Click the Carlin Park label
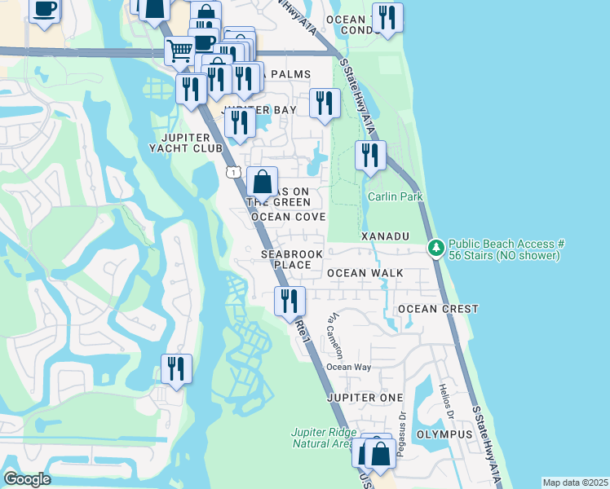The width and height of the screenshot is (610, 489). tap(395, 196)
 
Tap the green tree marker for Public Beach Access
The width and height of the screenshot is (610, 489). tap(437, 247)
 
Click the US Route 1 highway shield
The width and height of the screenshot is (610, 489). tap(233, 172)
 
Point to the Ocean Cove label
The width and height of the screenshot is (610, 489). tap(289, 217)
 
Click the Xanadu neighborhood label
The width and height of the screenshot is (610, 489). tap(384, 236)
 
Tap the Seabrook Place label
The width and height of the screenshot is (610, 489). tap(292, 259)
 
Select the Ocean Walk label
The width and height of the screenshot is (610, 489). tap(360, 273)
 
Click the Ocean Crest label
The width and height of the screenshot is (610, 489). tap(437, 309)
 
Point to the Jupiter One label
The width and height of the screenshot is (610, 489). tap(365, 397)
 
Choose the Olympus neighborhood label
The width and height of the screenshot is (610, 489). tap(444, 434)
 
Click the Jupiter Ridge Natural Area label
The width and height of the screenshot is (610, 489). tap(325, 438)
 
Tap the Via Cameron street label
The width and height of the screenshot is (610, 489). tap(335, 333)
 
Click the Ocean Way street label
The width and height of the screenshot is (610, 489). tap(349, 368)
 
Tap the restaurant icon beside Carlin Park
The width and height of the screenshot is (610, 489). tap(370, 154)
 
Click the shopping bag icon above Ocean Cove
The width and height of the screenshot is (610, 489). tap(262, 182)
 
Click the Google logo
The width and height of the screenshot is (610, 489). tap(27, 479)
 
